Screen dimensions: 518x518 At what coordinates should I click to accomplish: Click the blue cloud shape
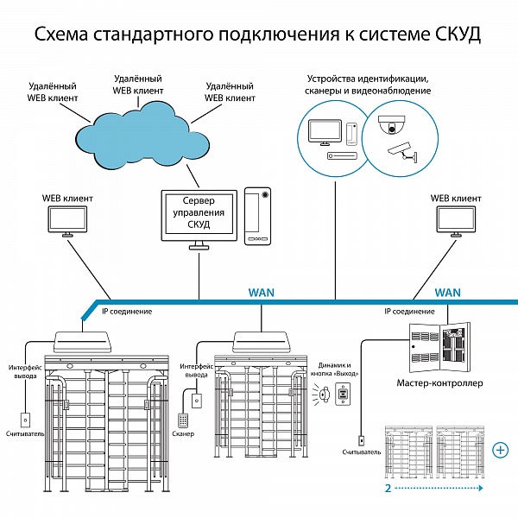pyautogui.click(x=142, y=136)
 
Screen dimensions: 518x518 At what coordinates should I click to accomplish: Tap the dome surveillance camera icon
pyautogui.click(x=392, y=124)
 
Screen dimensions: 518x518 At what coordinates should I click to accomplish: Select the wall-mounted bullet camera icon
pyautogui.click(x=402, y=152)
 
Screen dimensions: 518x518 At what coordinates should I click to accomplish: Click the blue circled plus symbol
pyautogui.click(x=501, y=450)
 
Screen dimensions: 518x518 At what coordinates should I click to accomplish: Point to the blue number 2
pyautogui.click(x=388, y=488)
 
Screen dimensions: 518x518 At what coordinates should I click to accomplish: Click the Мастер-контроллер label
pyautogui.click(x=439, y=383)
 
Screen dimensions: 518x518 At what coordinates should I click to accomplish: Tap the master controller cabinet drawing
pyautogui.click(x=439, y=348)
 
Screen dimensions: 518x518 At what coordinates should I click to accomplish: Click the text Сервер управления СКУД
pyautogui.click(x=199, y=212)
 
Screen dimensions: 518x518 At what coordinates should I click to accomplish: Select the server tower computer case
pyautogui.click(x=257, y=217)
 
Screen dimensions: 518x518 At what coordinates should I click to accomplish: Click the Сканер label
pyautogui.click(x=183, y=433)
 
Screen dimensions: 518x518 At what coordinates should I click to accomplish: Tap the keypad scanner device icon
pyautogui.click(x=183, y=420)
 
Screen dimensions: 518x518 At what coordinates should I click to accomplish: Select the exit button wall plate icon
pyautogui.click(x=343, y=394)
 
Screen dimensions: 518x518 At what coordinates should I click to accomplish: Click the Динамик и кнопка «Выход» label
pyautogui.click(x=334, y=370)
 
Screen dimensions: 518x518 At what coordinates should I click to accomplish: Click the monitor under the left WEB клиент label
pyautogui.click(x=67, y=221)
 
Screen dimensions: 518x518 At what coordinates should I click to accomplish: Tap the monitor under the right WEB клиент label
pyautogui.click(x=456, y=221)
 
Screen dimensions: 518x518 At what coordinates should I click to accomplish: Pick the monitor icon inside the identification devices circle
pyautogui.click(x=325, y=132)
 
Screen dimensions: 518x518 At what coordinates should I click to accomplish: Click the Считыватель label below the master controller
pyautogui.click(x=362, y=452)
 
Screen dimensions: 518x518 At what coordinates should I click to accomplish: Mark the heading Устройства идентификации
pyautogui.click(x=368, y=79)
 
